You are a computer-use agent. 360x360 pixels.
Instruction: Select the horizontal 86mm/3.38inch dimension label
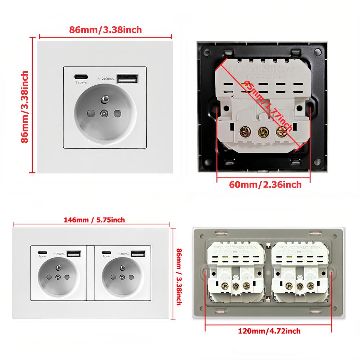pyautogui.click(x=105, y=30)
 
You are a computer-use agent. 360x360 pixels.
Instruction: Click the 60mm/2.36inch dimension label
pyautogui.click(x=265, y=185)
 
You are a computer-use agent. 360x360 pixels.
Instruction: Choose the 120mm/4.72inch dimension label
pyautogui.click(x=269, y=331)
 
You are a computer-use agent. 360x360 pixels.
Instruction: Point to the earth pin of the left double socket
pyautogui.click(x=58, y=268)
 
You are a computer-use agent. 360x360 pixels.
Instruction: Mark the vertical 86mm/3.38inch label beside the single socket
pyautogui.click(x=24, y=107)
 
